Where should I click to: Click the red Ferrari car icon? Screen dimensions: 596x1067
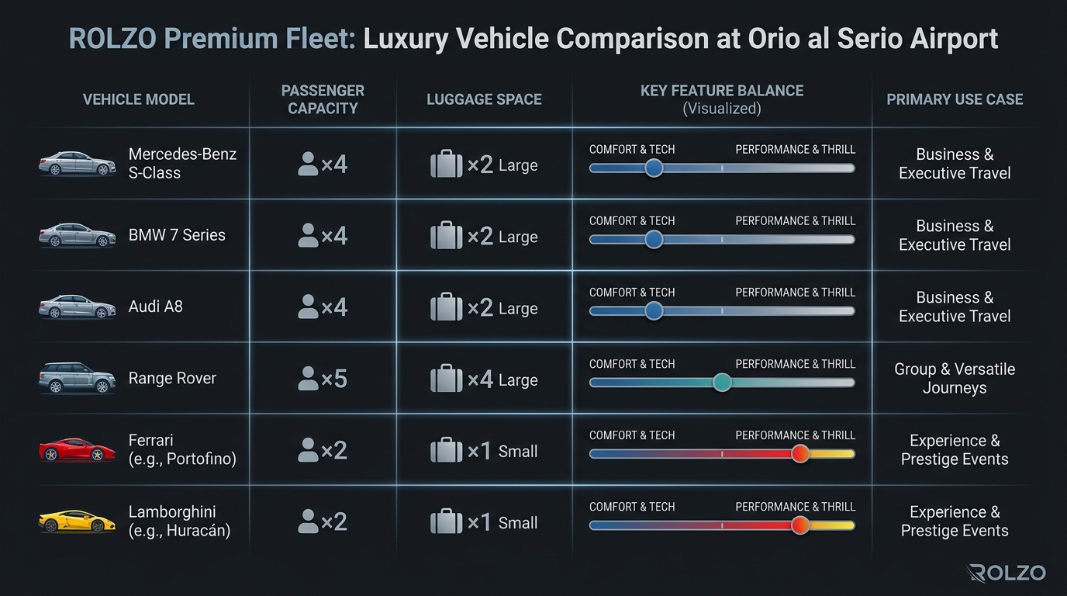(77, 450)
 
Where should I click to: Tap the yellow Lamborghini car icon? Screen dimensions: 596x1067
(77, 521)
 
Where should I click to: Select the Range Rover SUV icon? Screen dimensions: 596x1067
(77, 378)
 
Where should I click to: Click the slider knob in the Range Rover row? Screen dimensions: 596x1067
(722, 382)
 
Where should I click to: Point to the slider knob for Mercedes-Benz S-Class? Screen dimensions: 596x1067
(654, 168)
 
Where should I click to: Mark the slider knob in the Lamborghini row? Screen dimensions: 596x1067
(800, 525)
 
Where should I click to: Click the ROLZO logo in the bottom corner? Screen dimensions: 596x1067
(1007, 573)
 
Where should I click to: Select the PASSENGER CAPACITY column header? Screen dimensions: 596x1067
(323, 99)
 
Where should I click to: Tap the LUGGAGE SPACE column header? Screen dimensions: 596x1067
(484, 99)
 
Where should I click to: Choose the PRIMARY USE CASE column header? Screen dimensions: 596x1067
(955, 99)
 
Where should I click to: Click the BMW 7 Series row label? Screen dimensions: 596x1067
(177, 235)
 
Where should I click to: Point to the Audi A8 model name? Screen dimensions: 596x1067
(156, 307)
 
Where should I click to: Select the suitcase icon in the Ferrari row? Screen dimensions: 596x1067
(446, 450)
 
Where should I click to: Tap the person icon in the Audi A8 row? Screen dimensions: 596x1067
(308, 307)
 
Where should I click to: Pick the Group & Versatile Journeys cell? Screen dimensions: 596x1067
(955, 378)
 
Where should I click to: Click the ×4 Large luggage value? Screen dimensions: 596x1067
(502, 379)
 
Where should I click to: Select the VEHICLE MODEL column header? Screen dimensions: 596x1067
(139, 99)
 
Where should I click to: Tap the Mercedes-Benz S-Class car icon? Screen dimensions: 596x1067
(77, 164)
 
